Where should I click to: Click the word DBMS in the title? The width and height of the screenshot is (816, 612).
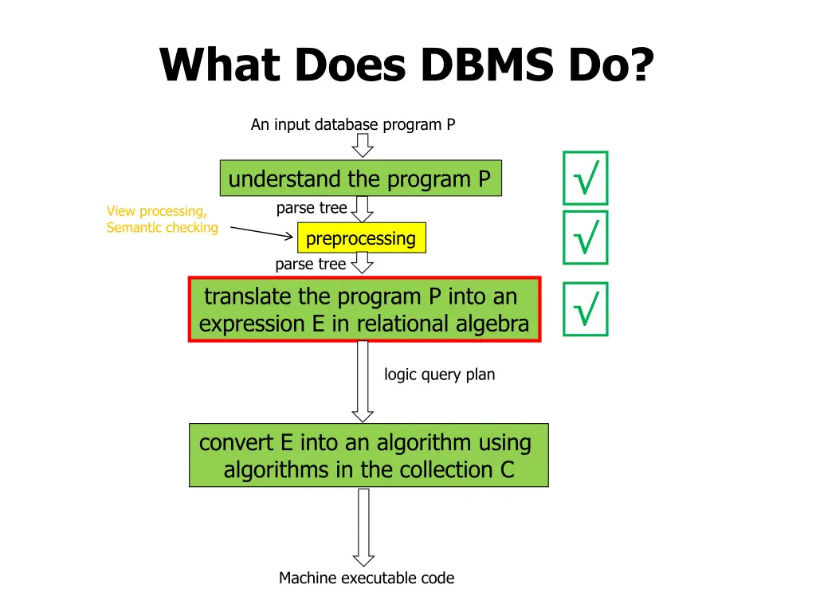coord(486,65)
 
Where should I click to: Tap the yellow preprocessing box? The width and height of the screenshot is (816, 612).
coord(361,238)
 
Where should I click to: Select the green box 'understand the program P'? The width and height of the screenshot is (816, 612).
coord(360,178)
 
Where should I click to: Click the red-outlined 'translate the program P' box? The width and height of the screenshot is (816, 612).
coord(364,309)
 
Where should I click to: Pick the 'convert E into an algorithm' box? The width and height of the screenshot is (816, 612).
coord(368,455)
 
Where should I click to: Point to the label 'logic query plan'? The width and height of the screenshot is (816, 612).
coord(439,374)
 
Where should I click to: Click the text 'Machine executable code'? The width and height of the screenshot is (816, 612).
coord(367,578)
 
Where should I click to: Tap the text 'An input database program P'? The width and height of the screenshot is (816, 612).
coord(353,124)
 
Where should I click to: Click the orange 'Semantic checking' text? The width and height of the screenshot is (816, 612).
coord(163,228)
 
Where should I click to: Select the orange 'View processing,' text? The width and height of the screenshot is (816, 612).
coord(157,211)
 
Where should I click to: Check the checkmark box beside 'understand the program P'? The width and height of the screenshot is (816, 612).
coord(585,178)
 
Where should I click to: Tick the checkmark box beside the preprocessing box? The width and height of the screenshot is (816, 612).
coord(585,237)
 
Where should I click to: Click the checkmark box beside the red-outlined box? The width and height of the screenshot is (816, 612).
coord(585,309)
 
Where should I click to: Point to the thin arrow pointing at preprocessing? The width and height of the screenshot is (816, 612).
coord(262,232)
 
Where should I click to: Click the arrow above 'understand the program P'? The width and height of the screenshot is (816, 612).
coord(363,145)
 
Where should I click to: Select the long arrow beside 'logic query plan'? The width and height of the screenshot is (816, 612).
coord(363,381)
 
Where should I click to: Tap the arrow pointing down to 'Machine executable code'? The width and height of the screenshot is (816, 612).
coord(363,527)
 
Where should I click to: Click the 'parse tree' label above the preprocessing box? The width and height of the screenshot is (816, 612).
coord(311,208)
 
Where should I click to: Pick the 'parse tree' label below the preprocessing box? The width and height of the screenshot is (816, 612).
coord(310,264)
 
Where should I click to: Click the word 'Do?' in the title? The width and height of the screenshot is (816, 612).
coord(610,65)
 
